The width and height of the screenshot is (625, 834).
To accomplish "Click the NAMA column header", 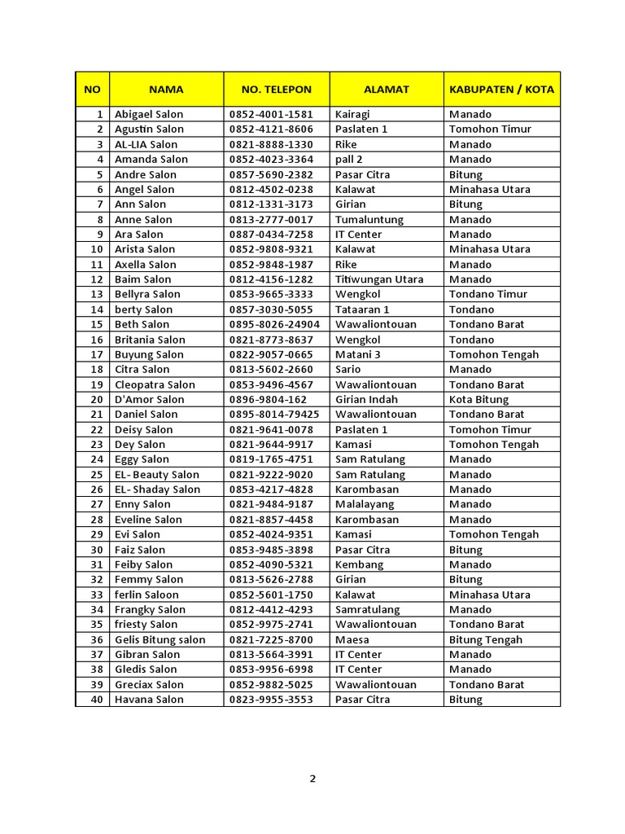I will (x=166, y=90).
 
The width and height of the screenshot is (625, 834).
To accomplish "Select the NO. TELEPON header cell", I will (x=277, y=90).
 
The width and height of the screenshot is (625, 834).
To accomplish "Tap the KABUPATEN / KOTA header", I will (x=501, y=90).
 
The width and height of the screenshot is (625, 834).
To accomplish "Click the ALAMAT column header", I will (x=387, y=90).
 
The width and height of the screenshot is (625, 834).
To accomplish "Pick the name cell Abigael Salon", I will (x=149, y=114).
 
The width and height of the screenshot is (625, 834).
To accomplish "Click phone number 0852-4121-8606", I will (x=271, y=129).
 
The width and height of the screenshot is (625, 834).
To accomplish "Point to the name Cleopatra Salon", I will (x=155, y=384).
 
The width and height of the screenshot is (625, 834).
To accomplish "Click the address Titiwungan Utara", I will (x=379, y=279).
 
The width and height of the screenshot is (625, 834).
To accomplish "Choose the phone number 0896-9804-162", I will (x=269, y=399).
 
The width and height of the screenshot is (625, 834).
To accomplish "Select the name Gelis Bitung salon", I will (x=160, y=639).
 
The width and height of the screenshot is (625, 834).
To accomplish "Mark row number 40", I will (x=97, y=699).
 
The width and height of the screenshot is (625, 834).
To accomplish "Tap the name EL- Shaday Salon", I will (x=157, y=489).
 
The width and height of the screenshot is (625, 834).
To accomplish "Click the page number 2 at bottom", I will (x=312, y=778).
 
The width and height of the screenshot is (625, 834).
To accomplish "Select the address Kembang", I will (x=359, y=564).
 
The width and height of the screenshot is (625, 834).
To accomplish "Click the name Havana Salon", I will (x=149, y=699).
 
